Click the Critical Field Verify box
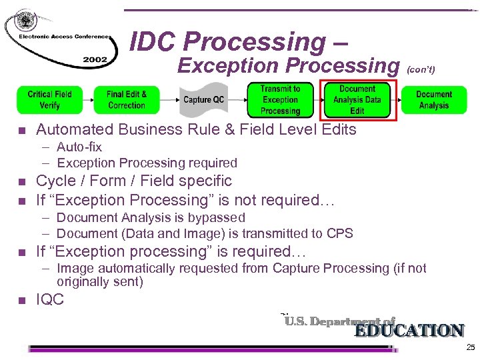[x=49, y=100]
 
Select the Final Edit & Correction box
[x=126, y=100]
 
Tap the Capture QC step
[x=203, y=100]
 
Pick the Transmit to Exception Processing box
[x=280, y=100]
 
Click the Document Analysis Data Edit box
[x=357, y=100]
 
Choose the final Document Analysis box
[x=434, y=100]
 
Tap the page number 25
[x=471, y=348]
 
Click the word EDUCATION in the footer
[x=409, y=331]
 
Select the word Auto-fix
[x=79, y=147]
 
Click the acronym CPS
[x=340, y=233]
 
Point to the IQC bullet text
[x=50, y=299]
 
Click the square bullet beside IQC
[x=22, y=301]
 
